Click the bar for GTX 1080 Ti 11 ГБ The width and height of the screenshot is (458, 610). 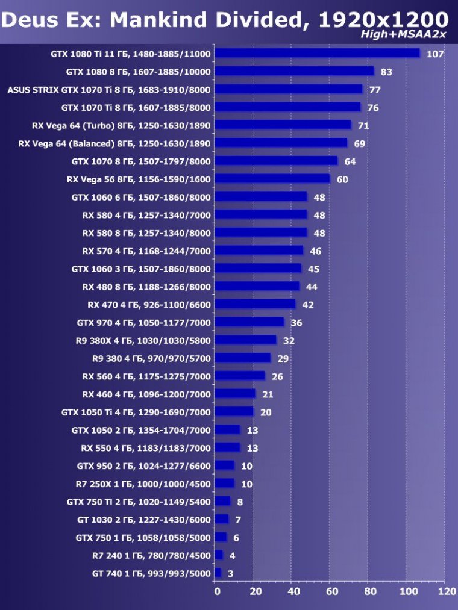coord(317,54)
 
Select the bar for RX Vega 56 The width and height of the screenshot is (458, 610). coord(272,179)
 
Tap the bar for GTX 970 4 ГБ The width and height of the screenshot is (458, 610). coord(249,322)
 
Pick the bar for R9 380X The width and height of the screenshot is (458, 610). coord(246,340)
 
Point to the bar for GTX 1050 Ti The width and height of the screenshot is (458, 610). coord(234,412)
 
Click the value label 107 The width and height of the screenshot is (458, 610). coord(434,54)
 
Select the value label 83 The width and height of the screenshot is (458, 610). coord(386,72)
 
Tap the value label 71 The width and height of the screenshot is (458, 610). coord(363,126)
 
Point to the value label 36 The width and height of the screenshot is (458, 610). coord(296,323)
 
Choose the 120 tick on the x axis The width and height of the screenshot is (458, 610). coord(447,592)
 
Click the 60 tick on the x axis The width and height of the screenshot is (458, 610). coord(332,592)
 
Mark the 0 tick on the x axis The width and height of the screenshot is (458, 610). coord(217,592)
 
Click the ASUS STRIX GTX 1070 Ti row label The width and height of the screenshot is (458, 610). coord(109,90)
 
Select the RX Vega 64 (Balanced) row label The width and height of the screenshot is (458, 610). coord(114,143)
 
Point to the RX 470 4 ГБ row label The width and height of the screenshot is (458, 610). coord(149,305)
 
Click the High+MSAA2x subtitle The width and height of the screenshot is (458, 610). coord(403,34)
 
